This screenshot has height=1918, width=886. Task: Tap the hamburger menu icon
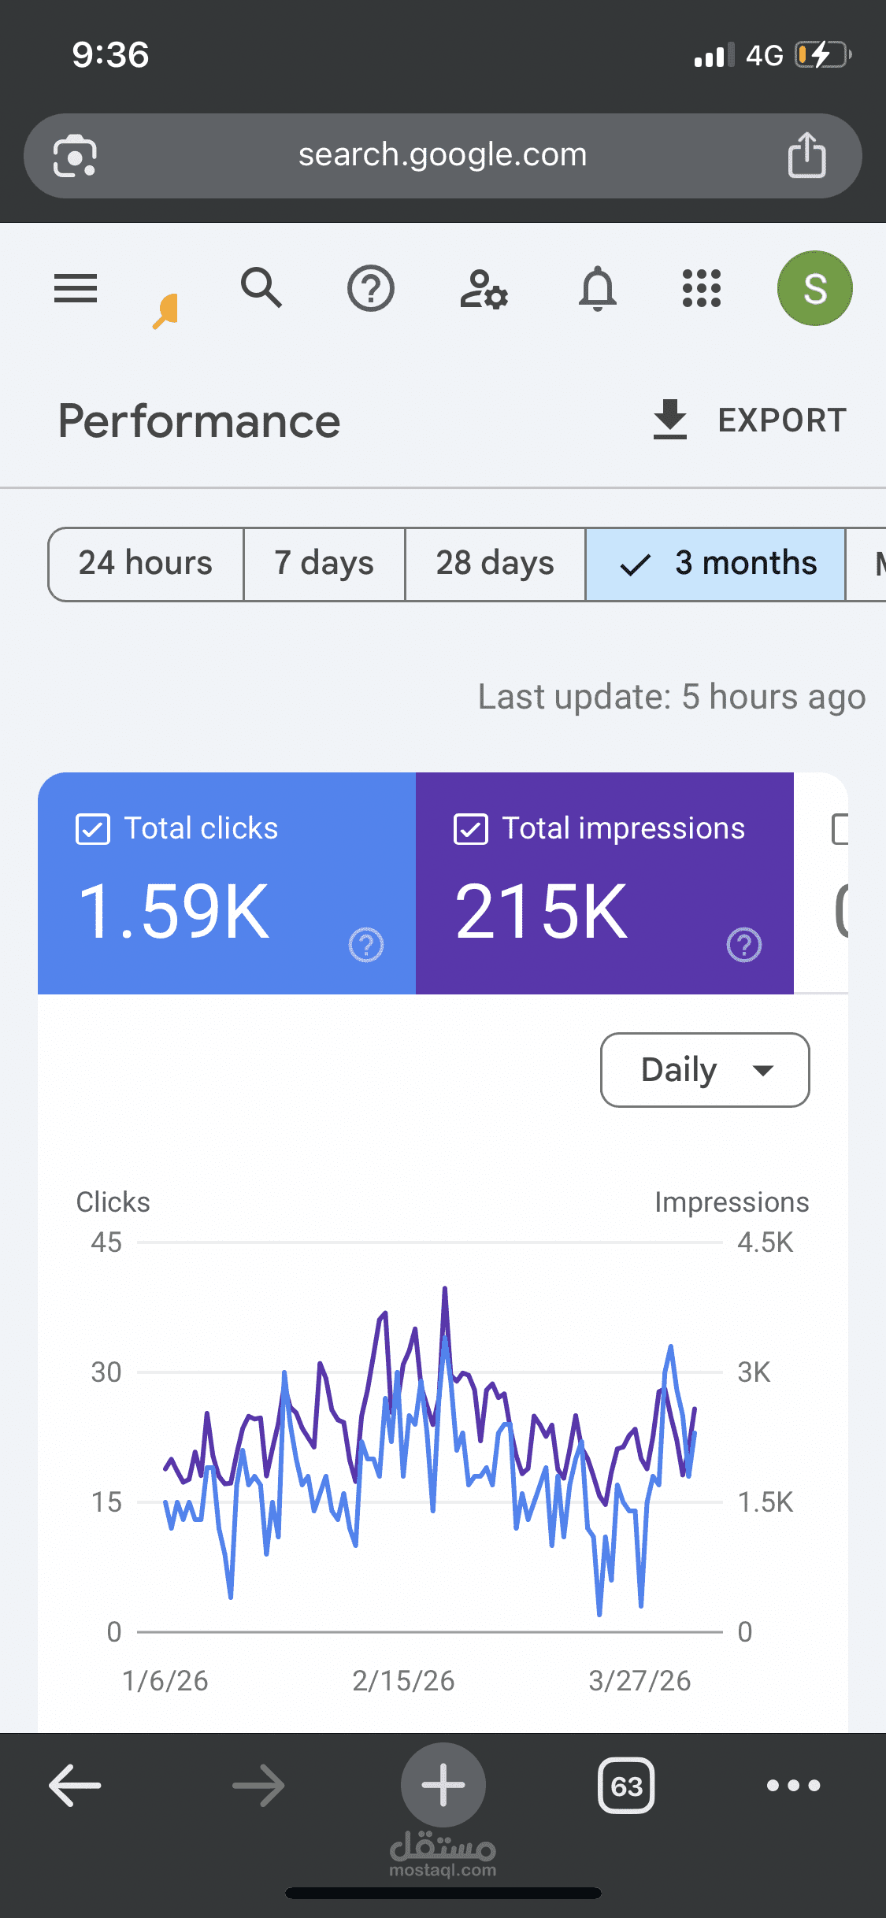point(76,288)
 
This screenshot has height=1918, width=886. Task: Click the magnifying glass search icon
point(261,287)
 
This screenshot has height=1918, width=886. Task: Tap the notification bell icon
point(598,288)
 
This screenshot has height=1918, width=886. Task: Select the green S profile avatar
point(814,288)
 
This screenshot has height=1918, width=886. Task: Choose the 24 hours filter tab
point(146,564)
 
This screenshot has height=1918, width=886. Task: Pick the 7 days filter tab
point(324,564)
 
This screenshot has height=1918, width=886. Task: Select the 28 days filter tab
point(495,564)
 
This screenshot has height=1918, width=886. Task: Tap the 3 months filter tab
point(715,564)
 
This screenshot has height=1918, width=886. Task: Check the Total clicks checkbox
point(93,829)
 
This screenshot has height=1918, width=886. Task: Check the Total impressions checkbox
point(471,829)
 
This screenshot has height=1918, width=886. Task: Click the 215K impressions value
point(542,911)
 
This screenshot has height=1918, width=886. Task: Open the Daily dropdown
point(705,1070)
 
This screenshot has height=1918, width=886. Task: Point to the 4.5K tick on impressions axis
point(765,1242)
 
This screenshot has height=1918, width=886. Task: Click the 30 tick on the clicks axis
point(106,1372)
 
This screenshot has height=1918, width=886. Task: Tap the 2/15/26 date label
point(403,1681)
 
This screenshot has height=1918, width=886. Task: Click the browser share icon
point(806,155)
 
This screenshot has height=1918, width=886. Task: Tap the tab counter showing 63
point(626,1786)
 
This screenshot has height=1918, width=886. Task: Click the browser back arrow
point(75,1785)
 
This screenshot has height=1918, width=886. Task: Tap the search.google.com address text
point(443,155)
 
